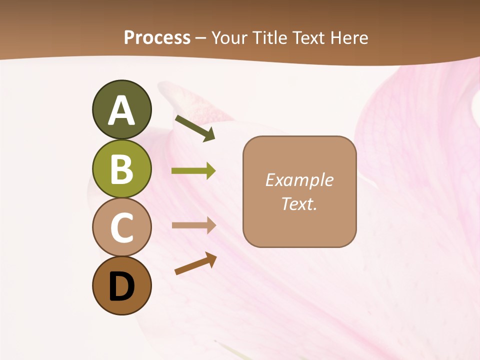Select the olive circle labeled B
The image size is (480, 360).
click(x=121, y=168)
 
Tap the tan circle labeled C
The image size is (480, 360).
click(x=121, y=227)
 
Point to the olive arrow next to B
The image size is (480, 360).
click(x=193, y=171)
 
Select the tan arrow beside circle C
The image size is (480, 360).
click(x=193, y=225)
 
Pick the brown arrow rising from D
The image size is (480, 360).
click(x=195, y=264)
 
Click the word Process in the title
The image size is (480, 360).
click(x=157, y=38)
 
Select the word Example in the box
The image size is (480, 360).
click(x=299, y=180)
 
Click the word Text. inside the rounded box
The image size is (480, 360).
click(x=299, y=203)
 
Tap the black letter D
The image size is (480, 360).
click(x=121, y=287)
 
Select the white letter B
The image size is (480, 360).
click(x=121, y=169)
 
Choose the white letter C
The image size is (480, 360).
click(x=121, y=227)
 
